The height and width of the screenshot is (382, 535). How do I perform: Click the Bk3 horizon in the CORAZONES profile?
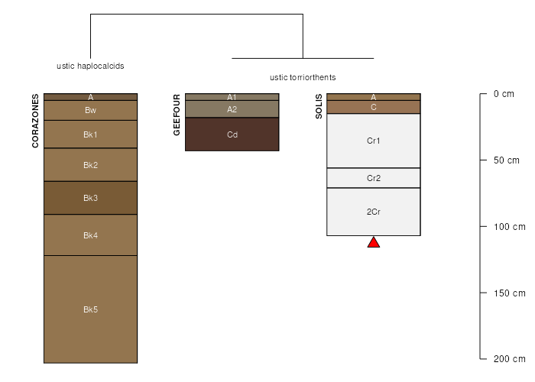(x=90, y=198)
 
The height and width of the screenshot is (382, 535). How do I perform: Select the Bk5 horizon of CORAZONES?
(x=90, y=309)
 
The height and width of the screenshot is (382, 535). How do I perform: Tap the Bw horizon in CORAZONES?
(x=90, y=110)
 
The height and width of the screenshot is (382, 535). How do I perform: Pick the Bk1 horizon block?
(x=90, y=134)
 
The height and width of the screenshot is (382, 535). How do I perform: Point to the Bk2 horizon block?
(x=90, y=165)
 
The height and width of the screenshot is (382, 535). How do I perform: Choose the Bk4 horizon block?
(x=90, y=235)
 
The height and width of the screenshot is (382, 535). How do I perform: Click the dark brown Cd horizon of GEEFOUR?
(x=232, y=134)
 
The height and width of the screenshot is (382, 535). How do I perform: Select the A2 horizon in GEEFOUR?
(x=232, y=109)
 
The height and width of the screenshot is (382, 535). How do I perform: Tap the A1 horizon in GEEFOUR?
(x=232, y=97)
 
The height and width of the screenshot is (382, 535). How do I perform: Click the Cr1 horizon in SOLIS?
(x=374, y=141)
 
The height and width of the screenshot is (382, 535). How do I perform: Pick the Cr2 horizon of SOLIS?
(x=374, y=178)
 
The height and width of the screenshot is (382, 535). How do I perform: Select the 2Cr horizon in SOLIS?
(x=374, y=212)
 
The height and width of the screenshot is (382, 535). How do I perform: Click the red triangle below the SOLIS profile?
(x=374, y=243)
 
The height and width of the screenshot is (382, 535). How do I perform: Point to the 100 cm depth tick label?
(x=507, y=227)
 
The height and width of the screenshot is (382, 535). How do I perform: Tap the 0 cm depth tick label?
(x=504, y=94)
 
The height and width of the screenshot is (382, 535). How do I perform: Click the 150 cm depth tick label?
(x=507, y=293)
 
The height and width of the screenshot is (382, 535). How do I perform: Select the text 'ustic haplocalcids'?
(x=90, y=66)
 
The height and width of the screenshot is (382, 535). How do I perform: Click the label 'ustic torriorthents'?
(x=303, y=78)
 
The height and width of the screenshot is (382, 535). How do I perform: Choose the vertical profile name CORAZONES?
(x=35, y=121)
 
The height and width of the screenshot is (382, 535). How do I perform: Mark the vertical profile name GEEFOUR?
(x=177, y=115)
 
